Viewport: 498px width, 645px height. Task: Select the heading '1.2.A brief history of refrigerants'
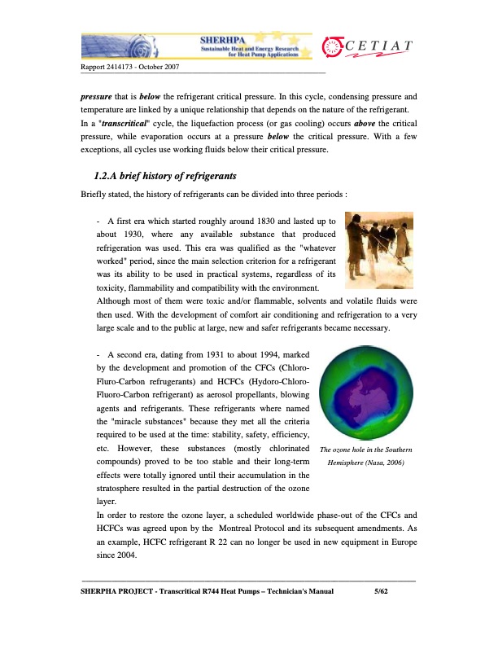pyautogui.click(x=168, y=176)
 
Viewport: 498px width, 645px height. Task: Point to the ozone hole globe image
pyautogui.click(x=367, y=389)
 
